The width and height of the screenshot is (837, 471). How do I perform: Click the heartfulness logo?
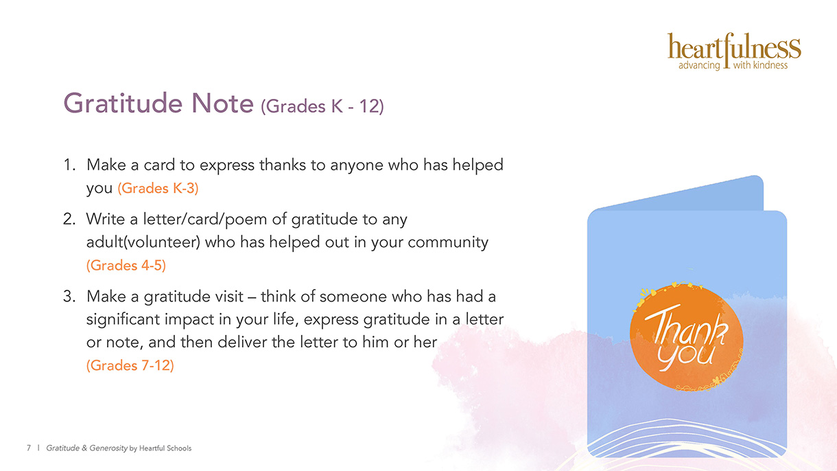click(734, 51)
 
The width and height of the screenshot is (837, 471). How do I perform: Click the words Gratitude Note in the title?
click(158, 103)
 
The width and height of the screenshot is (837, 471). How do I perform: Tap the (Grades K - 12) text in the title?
click(322, 106)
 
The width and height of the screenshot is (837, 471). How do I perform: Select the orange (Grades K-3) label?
click(158, 188)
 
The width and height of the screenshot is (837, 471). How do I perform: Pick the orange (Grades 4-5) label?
click(126, 266)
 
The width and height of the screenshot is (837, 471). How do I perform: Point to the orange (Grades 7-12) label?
click(130, 365)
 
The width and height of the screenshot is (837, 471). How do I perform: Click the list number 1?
click(69, 165)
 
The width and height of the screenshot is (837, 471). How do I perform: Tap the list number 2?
click(69, 219)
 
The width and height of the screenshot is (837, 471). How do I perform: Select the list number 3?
click(69, 297)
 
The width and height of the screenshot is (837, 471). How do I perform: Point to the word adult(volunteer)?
click(143, 242)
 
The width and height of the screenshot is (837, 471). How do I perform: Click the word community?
click(448, 243)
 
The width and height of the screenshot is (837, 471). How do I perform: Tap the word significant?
click(123, 320)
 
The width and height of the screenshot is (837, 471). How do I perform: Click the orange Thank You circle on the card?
click(687, 338)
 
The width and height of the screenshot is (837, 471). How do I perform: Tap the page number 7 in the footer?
click(29, 448)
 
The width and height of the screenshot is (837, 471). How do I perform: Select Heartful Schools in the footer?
click(165, 448)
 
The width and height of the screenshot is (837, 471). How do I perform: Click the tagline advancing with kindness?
click(733, 65)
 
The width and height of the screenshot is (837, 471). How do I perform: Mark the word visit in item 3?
click(228, 297)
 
